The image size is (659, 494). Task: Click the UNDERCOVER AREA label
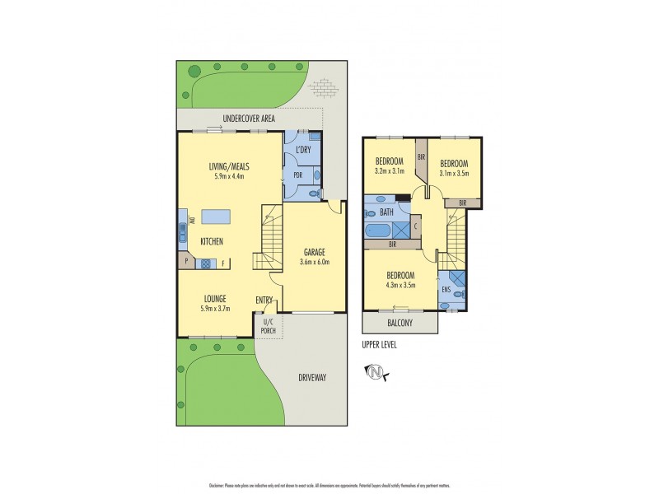point(238,119)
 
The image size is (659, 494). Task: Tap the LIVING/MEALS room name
point(231,165)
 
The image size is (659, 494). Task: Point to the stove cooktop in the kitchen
point(204,263)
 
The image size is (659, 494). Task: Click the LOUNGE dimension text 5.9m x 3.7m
point(215,309)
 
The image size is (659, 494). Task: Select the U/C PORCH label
point(268,326)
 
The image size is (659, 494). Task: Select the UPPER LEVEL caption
point(379,345)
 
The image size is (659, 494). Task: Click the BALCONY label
point(400,323)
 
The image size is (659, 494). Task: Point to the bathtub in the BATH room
point(381,231)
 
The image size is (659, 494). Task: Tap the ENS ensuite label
point(446,290)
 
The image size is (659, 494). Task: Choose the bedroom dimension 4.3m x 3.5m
point(400,285)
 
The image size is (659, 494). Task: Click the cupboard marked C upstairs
point(415,226)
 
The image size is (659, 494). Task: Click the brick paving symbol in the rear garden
point(322,86)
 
